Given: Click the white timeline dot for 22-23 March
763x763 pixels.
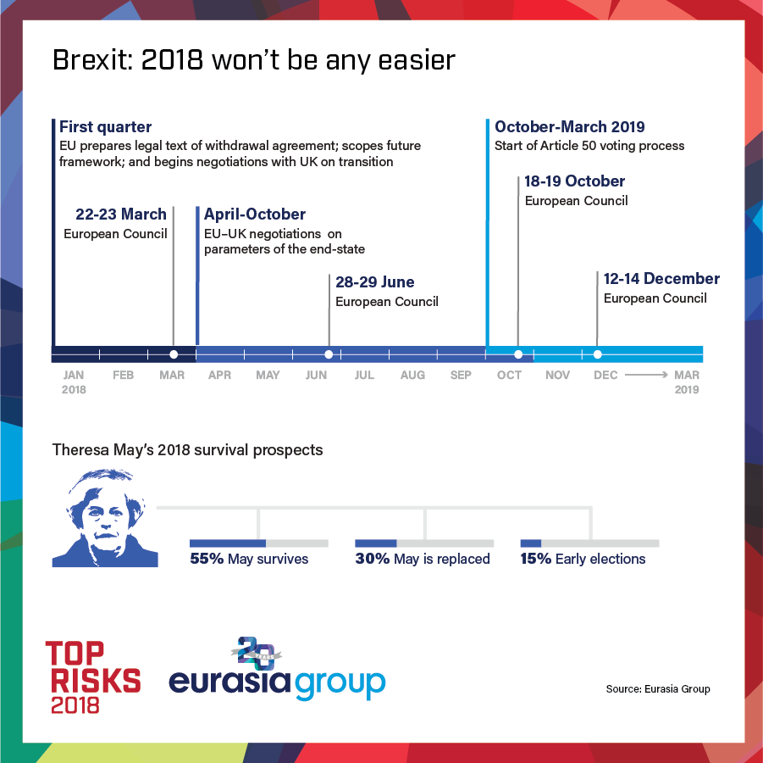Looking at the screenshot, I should (x=174, y=354).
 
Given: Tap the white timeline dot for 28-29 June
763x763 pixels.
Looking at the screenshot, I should (x=329, y=354).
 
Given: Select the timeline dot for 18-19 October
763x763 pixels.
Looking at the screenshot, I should (x=518, y=354).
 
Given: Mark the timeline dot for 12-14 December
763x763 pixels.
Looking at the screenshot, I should (x=598, y=354).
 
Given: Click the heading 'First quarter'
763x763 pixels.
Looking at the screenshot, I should (x=106, y=127).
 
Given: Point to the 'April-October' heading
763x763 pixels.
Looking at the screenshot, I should (x=255, y=214).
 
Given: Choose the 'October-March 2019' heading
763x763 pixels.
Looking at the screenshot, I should (x=570, y=127).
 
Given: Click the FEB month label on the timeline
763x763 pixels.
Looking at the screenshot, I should (x=123, y=376).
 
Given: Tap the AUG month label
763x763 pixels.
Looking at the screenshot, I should (x=412, y=376).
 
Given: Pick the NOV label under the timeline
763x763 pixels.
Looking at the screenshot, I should (x=557, y=376).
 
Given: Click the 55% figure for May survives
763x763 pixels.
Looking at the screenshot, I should (x=206, y=559).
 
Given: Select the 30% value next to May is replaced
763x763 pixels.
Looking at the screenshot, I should (x=373, y=559).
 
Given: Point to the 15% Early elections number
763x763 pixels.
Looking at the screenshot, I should (x=536, y=559).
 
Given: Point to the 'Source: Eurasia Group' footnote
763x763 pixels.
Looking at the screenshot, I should (x=658, y=688).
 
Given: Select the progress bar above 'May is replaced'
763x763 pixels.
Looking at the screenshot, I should (x=424, y=543).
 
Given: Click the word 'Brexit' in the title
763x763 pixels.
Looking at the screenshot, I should (x=85, y=61).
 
